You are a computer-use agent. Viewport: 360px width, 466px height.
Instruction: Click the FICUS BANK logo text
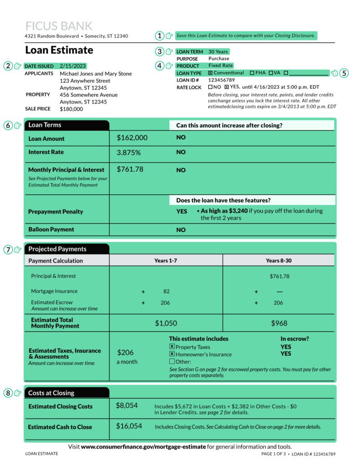[59, 26]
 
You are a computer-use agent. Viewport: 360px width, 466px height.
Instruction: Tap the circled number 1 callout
[159, 35]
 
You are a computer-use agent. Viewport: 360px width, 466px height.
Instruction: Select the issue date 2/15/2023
[72, 66]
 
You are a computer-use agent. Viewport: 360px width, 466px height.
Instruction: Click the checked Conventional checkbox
[210, 73]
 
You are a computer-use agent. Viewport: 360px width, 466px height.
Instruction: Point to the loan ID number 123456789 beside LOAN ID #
[222, 80]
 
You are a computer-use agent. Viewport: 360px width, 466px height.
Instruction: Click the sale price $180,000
[71, 109]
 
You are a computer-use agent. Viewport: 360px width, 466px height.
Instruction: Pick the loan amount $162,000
[132, 137]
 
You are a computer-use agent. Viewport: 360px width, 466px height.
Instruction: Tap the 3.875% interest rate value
[129, 152]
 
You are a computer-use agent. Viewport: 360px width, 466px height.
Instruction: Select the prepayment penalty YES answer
[182, 212]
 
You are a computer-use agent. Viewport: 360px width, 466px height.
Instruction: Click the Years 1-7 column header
[166, 261]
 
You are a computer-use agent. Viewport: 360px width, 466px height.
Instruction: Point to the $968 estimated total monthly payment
[279, 323]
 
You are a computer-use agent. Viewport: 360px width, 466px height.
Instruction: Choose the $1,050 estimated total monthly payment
[166, 323]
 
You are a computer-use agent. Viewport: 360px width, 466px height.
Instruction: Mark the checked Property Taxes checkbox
[172, 347]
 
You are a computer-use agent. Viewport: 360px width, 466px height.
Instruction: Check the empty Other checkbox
[172, 361]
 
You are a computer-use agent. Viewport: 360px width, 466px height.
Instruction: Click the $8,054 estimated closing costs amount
[127, 405]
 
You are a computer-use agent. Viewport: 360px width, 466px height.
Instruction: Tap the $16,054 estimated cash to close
[129, 426]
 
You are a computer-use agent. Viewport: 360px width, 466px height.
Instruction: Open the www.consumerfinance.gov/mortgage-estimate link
[143, 447]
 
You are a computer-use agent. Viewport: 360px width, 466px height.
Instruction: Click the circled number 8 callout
[8, 393]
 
